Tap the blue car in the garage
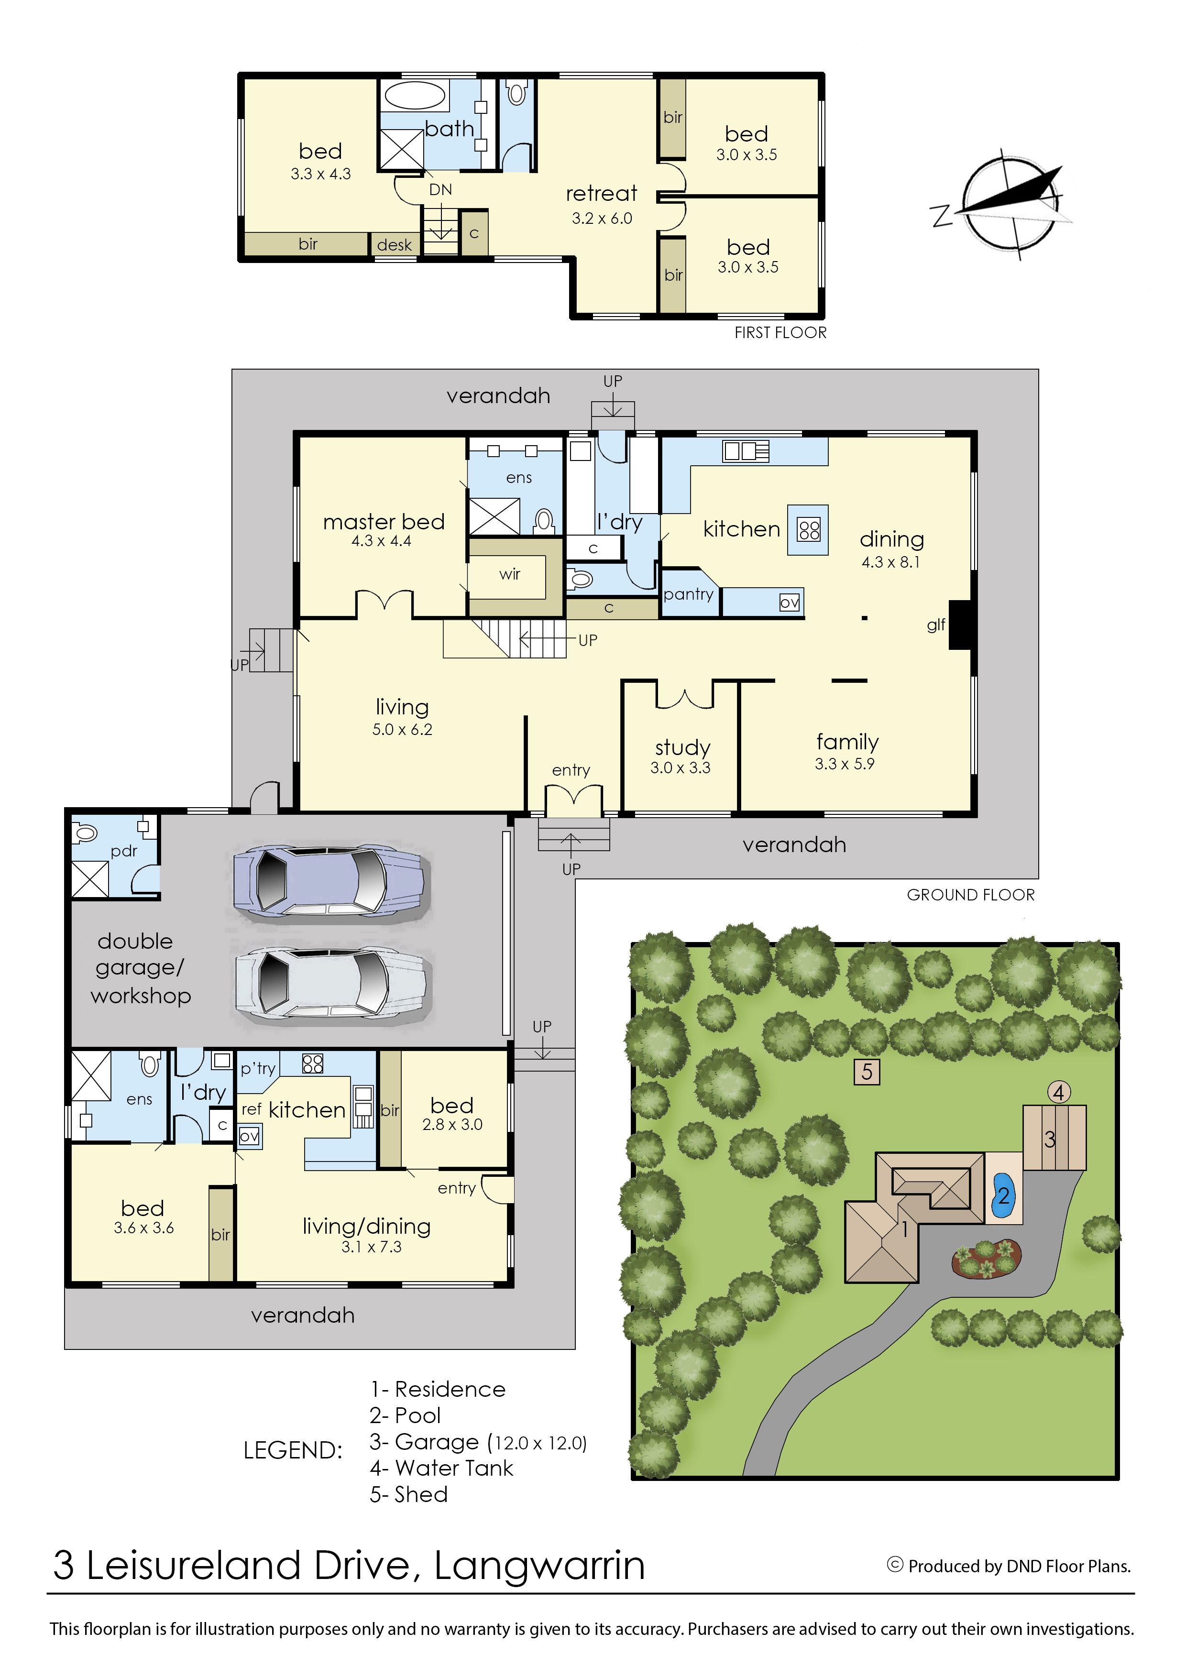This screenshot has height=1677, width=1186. [x=330, y=884]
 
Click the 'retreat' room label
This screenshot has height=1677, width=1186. [x=601, y=194]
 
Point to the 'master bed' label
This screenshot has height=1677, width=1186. [x=384, y=522]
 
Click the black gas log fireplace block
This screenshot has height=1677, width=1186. [x=960, y=625]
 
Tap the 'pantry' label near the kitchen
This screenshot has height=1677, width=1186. [x=689, y=594]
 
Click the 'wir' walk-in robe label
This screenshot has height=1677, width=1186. [x=510, y=574]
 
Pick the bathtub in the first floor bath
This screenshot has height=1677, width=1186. [x=415, y=96]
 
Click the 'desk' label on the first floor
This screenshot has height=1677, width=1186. [x=395, y=245]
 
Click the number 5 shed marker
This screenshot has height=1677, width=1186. [x=867, y=1072]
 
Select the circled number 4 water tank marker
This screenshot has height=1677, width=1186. [x=1059, y=1093]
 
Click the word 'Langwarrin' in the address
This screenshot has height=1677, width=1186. [x=540, y=1566]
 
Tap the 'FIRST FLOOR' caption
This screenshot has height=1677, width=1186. [x=780, y=333]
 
